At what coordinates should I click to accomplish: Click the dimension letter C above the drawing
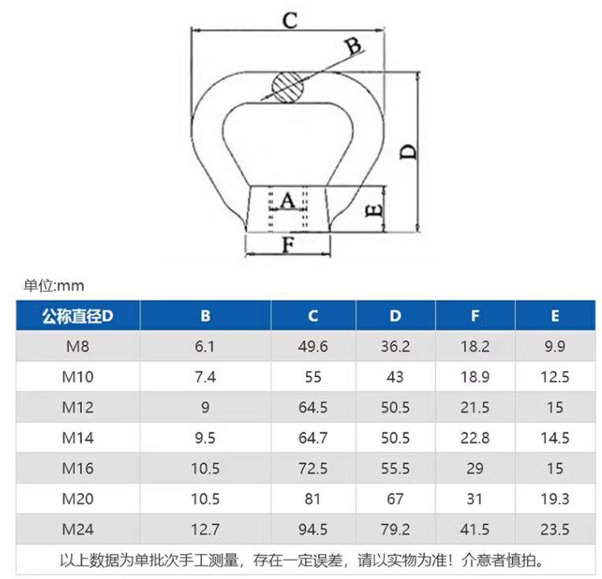pyautogui.click(x=290, y=21)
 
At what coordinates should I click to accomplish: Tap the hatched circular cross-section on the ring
pyautogui.click(x=286, y=86)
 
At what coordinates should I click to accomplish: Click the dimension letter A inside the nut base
pyautogui.click(x=287, y=200)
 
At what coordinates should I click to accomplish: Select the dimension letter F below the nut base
pyautogui.click(x=288, y=246)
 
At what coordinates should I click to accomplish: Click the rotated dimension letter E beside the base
pyautogui.click(x=376, y=209)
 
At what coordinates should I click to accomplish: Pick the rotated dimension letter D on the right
pyautogui.click(x=407, y=151)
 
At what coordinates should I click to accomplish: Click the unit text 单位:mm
pyautogui.click(x=54, y=286)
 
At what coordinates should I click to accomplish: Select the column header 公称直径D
pyautogui.click(x=78, y=316)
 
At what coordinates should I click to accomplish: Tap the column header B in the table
pyautogui.click(x=205, y=316)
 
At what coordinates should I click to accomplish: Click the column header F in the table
pyautogui.click(x=475, y=316)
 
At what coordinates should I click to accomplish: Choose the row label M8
pyautogui.click(x=78, y=346)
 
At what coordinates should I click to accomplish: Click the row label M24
pyautogui.click(x=78, y=529)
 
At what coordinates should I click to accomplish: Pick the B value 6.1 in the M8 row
pyautogui.click(x=205, y=346)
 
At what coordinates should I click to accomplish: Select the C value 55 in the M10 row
pyautogui.click(x=313, y=376)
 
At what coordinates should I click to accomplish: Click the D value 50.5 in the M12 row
pyautogui.click(x=395, y=407)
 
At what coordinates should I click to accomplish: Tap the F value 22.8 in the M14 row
pyautogui.click(x=475, y=438)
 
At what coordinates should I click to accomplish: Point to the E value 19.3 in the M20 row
pyautogui.click(x=555, y=499)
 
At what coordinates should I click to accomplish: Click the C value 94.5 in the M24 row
pyautogui.click(x=313, y=529)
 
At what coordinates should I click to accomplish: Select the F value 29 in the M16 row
pyautogui.click(x=475, y=468)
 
